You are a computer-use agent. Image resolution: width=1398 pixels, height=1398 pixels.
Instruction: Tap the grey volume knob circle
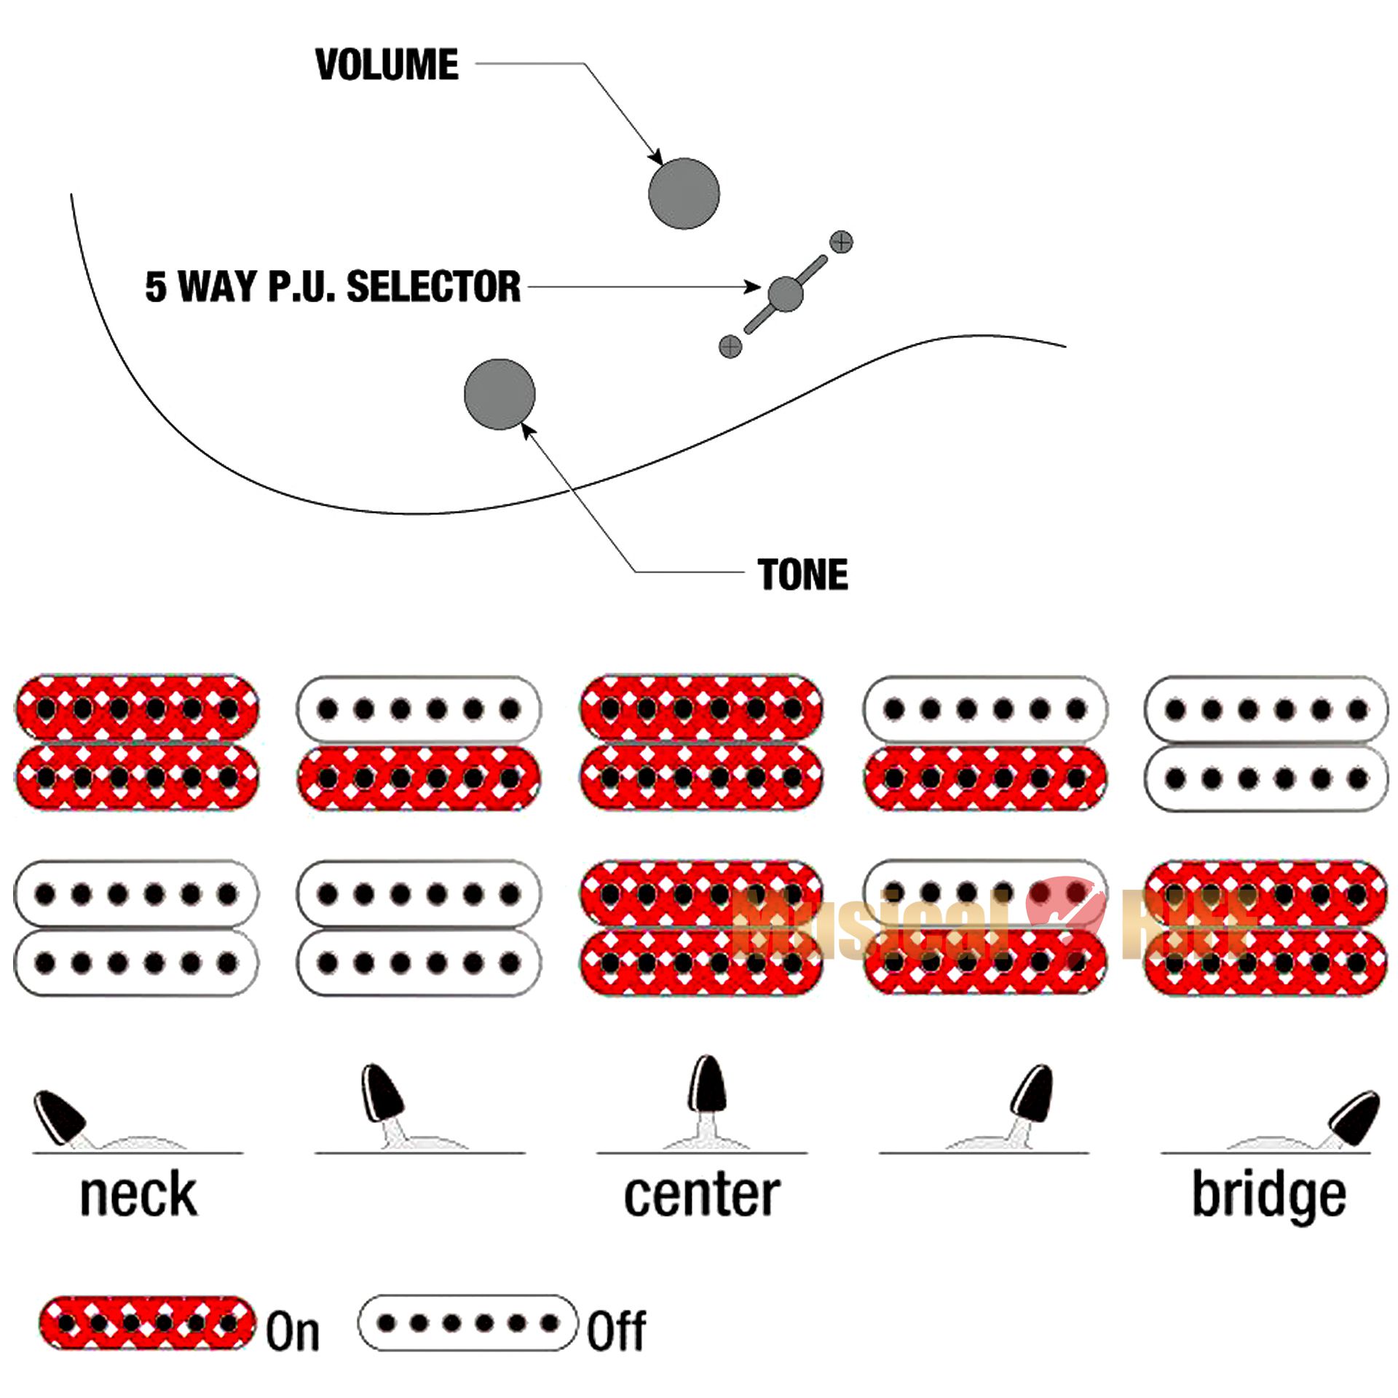coord(684,194)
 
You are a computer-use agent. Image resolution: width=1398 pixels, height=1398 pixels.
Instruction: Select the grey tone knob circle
coord(499,394)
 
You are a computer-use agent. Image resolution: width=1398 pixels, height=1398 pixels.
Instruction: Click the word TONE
coord(802,574)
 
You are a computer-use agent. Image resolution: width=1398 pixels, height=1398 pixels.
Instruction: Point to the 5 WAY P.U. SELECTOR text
coord(333,286)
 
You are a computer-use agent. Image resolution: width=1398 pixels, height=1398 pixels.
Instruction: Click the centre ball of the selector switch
coord(786,294)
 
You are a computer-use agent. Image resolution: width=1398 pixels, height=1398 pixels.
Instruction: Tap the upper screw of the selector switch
coord(841,242)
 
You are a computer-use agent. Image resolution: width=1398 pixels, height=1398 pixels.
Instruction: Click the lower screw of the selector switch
coord(730,347)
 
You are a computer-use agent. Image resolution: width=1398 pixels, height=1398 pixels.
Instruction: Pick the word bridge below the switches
coord(1269,1196)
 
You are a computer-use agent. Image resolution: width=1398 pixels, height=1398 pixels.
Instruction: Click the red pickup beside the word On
coord(148,1323)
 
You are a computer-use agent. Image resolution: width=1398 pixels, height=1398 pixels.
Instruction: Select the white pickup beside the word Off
coord(468,1323)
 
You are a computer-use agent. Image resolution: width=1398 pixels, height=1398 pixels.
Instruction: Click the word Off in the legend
coord(616,1331)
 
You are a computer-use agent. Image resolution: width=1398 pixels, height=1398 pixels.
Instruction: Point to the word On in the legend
coord(293,1331)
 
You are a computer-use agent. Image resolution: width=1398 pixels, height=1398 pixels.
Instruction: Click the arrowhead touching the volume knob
coord(657,158)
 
